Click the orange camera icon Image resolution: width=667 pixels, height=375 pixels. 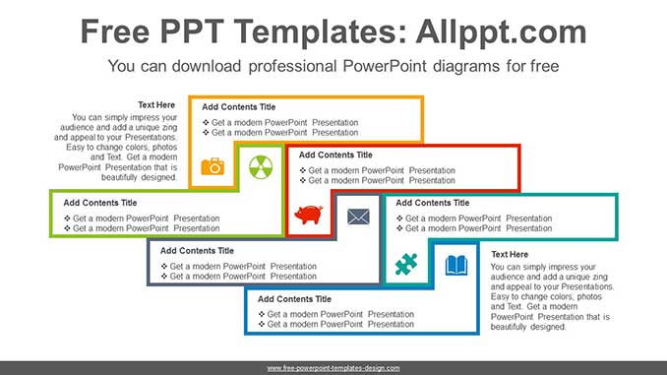[x=212, y=166]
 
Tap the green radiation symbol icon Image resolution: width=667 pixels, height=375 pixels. [x=260, y=165]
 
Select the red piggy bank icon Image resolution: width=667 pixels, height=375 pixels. [x=309, y=215]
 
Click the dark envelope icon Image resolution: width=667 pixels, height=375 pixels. [x=358, y=215]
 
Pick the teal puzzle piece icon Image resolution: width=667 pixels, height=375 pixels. [x=405, y=263]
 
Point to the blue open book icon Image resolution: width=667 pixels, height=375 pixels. [x=455, y=265]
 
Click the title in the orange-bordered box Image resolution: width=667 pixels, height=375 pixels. [x=239, y=107]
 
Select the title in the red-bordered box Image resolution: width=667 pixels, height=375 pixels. [x=335, y=155]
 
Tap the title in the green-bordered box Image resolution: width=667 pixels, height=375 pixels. [x=100, y=203]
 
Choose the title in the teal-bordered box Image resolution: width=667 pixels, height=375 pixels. [x=432, y=203]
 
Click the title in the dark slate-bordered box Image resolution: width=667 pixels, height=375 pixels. [x=197, y=251]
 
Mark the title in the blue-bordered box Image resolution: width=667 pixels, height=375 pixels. [x=294, y=298]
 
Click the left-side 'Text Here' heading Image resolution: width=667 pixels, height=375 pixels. [x=157, y=103]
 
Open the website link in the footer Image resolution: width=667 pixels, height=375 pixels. [x=333, y=367]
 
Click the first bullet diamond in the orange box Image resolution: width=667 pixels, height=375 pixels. [x=206, y=123]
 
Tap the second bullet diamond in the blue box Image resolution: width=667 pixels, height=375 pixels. [x=262, y=324]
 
